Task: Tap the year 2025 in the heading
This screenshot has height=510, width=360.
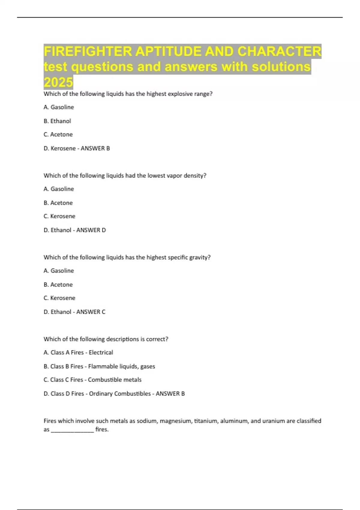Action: pos(58,82)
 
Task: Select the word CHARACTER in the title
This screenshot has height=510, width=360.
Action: pos(279,51)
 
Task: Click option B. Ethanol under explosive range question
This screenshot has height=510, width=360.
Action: pos(57,121)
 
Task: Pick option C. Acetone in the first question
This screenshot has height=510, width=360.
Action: pos(58,134)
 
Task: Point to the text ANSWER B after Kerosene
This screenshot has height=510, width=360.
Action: pos(95,148)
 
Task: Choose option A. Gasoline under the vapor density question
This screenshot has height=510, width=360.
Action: pos(59,189)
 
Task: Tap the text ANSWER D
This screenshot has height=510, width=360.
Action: pos(91,230)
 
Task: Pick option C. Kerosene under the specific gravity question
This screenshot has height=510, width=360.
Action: pos(59,298)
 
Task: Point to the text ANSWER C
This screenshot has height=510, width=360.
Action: pos(91,312)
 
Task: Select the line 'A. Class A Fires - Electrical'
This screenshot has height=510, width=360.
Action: pos(78,352)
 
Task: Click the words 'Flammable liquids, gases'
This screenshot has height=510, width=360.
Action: pos(121,366)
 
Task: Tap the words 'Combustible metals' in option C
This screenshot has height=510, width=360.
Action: pos(115,380)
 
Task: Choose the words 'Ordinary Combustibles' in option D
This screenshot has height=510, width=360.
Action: pos(120,394)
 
